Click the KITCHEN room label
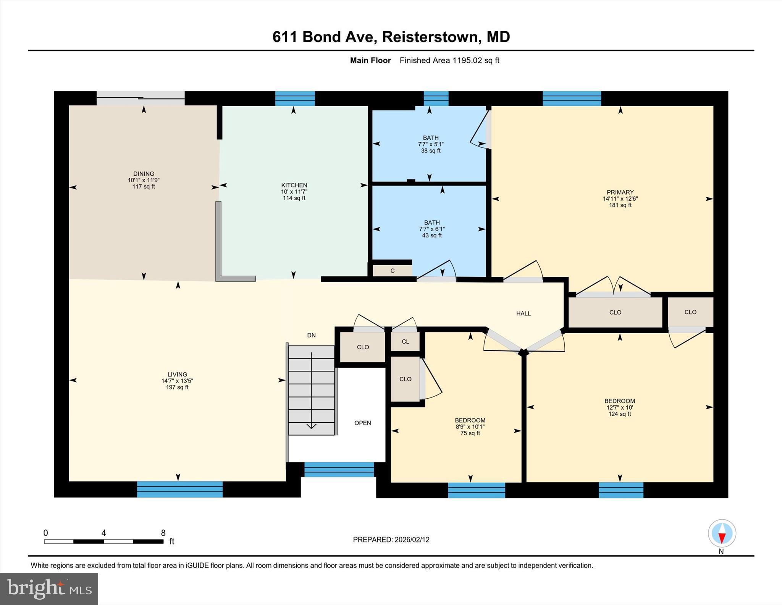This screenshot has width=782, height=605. pyautogui.click(x=294, y=185)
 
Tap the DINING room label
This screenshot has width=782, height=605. pyautogui.click(x=144, y=174)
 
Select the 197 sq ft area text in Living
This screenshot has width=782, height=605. pyautogui.click(x=177, y=388)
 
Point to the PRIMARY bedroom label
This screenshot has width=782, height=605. pyautogui.click(x=620, y=192)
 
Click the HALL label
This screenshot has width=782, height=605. pyautogui.click(x=523, y=313)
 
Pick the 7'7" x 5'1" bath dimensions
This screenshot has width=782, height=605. pyautogui.click(x=431, y=144)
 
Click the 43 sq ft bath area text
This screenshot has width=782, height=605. pyautogui.click(x=432, y=235)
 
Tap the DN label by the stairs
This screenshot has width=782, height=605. pyautogui.click(x=311, y=335)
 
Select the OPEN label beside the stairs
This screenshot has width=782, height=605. pyautogui.click(x=362, y=423)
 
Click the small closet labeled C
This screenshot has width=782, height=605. pyautogui.click(x=393, y=271)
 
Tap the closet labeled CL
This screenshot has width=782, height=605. pyautogui.click(x=405, y=342)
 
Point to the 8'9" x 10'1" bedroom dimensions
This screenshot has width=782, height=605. pyautogui.click(x=470, y=427)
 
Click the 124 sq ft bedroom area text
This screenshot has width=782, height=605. pyautogui.click(x=619, y=414)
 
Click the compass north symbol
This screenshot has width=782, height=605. pyautogui.click(x=722, y=534)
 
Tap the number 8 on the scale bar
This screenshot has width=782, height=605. pyautogui.click(x=163, y=533)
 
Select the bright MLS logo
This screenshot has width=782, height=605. pyautogui.click(x=49, y=589)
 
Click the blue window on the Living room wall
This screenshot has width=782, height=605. pyautogui.click(x=180, y=489)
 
